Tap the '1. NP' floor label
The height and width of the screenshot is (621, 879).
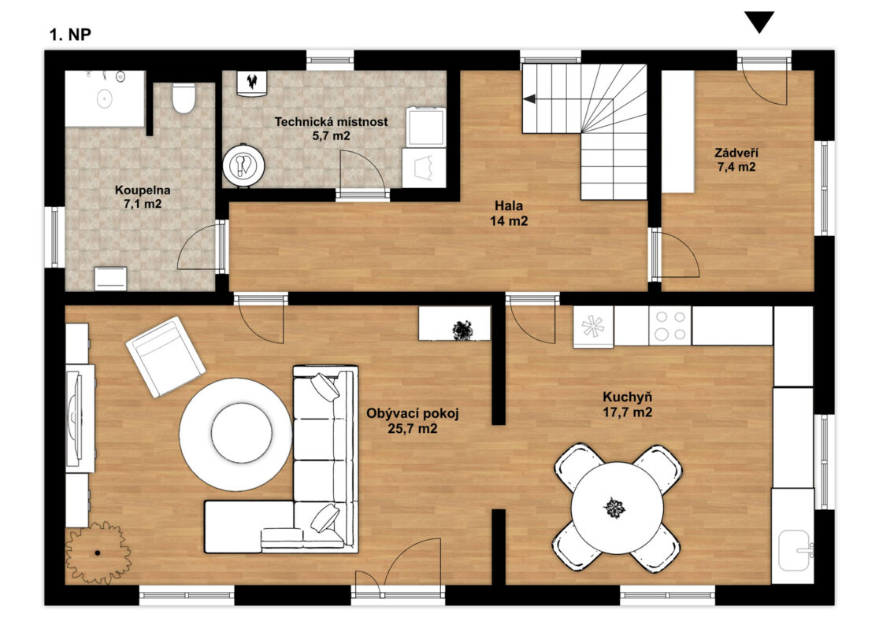click(x=70, y=35)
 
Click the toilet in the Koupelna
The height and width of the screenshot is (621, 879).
click(x=184, y=98)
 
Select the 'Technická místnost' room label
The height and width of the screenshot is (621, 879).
click(x=331, y=121)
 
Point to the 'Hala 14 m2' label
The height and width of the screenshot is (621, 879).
click(x=509, y=213)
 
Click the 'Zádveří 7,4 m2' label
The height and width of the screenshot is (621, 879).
click(x=736, y=160)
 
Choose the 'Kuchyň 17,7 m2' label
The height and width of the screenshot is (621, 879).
click(x=627, y=405)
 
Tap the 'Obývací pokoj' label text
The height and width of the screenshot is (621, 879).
click(x=413, y=414)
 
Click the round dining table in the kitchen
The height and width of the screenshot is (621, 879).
click(x=618, y=508)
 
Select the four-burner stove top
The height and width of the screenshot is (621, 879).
click(x=670, y=325)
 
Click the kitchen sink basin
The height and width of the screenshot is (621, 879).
click(x=795, y=550)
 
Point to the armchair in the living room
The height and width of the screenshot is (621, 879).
click(x=165, y=357)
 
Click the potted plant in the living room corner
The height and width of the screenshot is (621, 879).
click(x=98, y=553)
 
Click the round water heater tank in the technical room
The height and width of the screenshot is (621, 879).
click(x=243, y=165)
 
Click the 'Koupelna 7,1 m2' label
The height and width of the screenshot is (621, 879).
click(x=143, y=197)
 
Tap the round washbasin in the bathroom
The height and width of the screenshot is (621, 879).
click(x=105, y=98)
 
